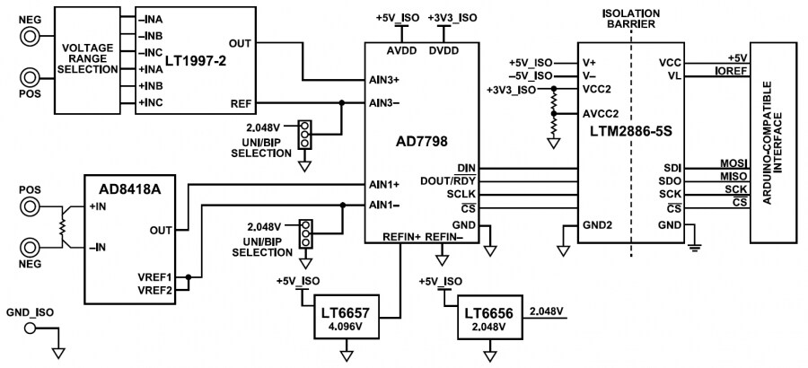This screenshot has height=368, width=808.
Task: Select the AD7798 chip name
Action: point(421,141)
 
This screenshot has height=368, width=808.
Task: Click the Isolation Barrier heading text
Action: point(635,19)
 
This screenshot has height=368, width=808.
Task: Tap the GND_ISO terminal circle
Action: point(32,328)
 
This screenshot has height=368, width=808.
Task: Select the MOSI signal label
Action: point(733,163)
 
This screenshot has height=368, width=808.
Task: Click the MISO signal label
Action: point(733,177)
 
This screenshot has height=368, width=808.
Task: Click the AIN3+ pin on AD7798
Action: point(383,79)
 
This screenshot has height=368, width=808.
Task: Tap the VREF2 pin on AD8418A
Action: point(154,288)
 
